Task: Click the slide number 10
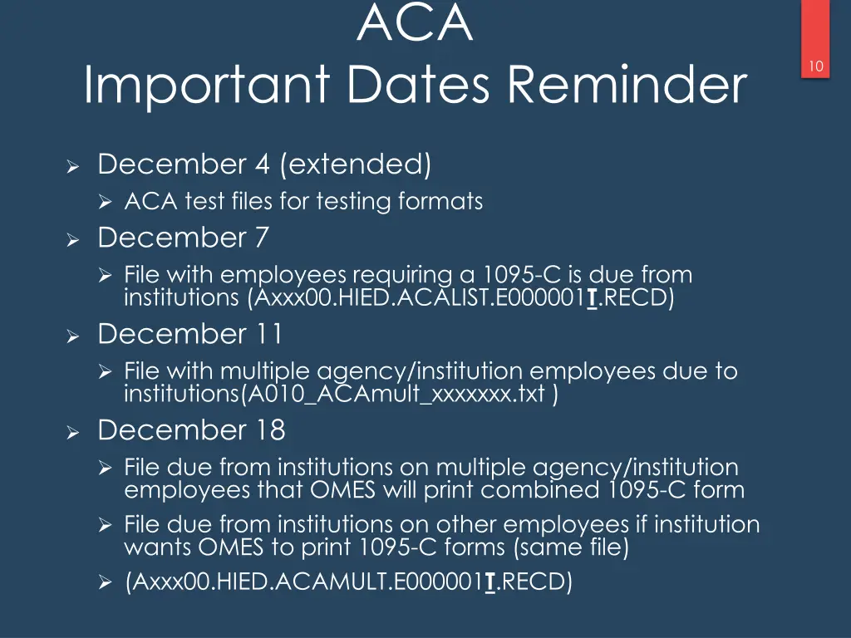pos(816,66)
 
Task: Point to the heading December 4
pos(184,164)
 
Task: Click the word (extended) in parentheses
pos(356,164)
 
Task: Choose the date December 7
pos(184,238)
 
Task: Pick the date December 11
pos(190,334)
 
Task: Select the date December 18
pos(191,430)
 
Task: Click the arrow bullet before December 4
pos(72,167)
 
